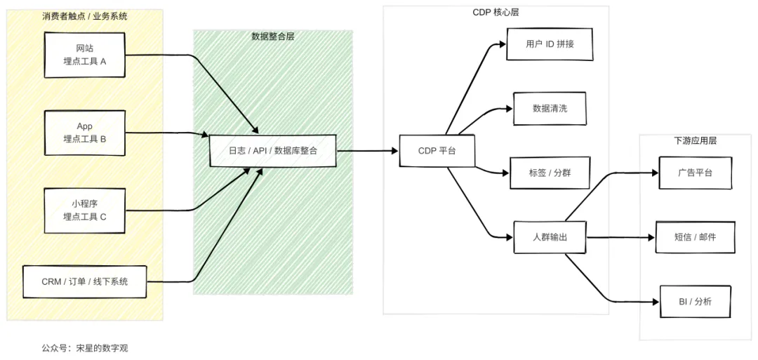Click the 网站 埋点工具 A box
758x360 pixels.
pos(85,55)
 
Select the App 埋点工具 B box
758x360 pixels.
pos(85,133)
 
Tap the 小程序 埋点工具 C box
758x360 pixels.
pos(85,210)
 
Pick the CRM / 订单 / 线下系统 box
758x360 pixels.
pos(85,281)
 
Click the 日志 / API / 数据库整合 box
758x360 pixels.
pos(272,150)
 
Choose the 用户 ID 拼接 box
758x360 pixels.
pos(550,44)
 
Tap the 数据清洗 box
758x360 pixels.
pos(550,108)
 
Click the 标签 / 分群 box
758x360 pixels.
pos(550,173)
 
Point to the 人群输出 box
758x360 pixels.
pos(550,237)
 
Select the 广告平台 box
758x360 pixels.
pos(695,173)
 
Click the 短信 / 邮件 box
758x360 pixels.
pos(695,237)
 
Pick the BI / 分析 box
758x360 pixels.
pos(695,302)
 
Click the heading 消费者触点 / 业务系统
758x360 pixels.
pos(85,15)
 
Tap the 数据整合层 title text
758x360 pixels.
pos(272,36)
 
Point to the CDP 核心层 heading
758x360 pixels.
pos(496,13)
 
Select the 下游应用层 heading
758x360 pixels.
pos(695,141)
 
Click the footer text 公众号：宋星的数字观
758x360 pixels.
pos(85,347)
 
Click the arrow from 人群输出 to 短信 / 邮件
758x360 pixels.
pos(620,237)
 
